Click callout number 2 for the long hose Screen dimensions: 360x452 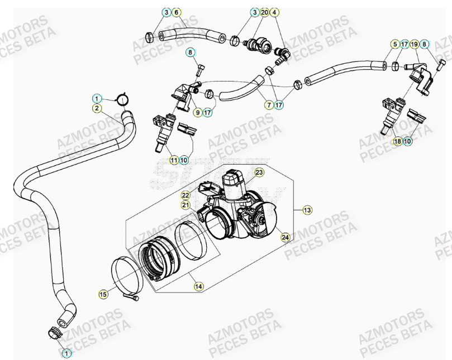(97, 108)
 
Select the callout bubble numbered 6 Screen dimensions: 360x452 (176, 12)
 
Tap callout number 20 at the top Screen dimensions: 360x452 (264, 12)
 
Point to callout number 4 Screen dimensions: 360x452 (275, 12)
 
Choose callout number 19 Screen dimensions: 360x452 (414, 44)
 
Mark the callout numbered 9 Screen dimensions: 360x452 (197, 113)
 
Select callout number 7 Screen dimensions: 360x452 (269, 104)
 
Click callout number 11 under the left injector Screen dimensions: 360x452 (174, 160)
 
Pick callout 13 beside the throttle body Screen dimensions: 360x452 (307, 210)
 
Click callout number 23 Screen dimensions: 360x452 (259, 173)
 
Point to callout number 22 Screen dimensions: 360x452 (185, 195)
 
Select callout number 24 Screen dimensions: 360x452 (285, 237)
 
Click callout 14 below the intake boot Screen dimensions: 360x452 (198, 286)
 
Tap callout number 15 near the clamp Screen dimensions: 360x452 (103, 294)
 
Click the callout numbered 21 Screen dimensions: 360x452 (185, 205)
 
